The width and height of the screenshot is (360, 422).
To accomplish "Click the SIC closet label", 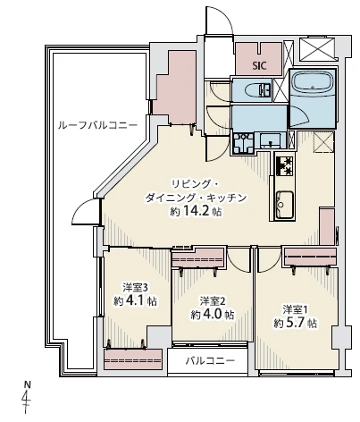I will [259, 65].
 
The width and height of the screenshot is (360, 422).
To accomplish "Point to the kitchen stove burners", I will [284, 165].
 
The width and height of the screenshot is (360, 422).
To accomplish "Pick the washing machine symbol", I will [241, 142].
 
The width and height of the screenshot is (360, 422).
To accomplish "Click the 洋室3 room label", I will [134, 288].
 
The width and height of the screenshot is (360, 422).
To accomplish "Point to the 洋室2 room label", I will [211, 300].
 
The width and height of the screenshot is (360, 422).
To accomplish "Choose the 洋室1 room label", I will [295, 308].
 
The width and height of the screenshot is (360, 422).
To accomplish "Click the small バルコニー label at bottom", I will [211, 361].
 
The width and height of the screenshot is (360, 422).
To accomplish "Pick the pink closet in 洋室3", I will [126, 359].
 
